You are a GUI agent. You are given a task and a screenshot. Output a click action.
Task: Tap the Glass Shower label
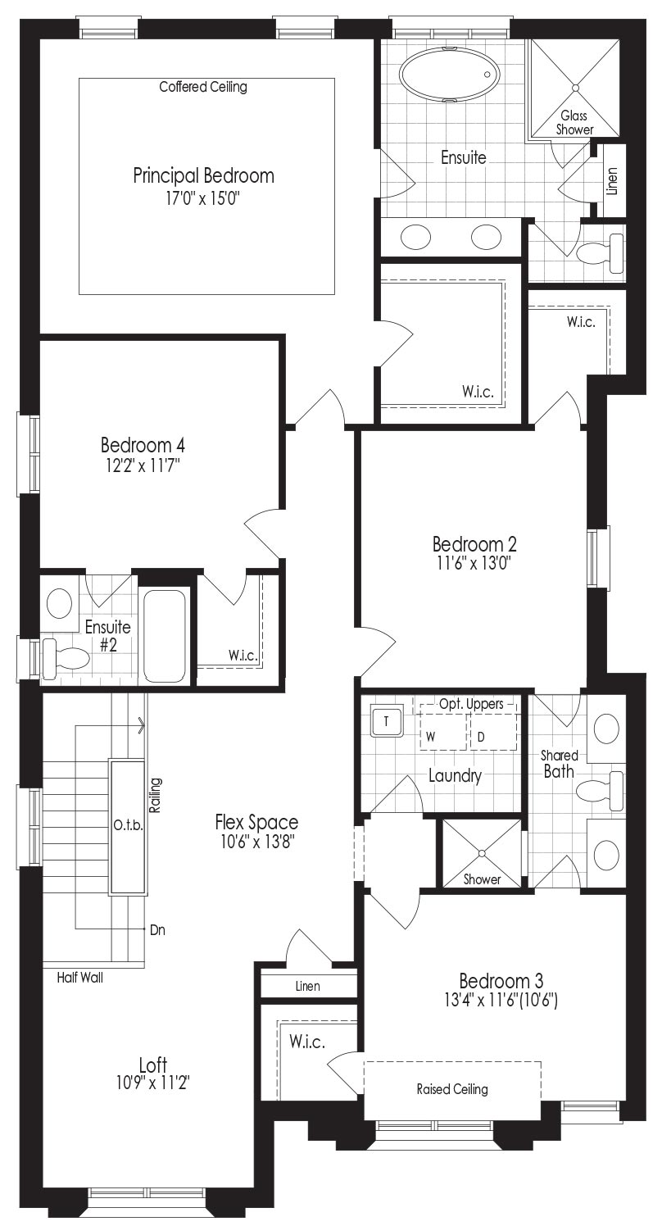pos(574,123)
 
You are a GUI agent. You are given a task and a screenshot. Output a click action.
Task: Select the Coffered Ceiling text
pos(203,87)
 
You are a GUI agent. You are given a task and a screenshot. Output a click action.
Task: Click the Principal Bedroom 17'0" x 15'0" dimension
pos(203,198)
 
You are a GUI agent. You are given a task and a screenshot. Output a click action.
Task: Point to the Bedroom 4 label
pos(143,444)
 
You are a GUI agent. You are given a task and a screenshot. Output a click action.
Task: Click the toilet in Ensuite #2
pos(65,657)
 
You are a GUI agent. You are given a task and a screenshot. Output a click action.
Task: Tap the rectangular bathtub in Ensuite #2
pos(164,636)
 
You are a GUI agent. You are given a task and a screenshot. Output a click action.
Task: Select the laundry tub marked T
pos(386,721)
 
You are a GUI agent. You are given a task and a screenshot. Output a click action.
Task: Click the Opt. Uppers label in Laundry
pos(471,704)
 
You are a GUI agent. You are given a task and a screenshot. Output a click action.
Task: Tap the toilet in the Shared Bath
pos(601,790)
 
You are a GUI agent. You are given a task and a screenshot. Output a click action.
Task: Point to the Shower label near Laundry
pos(482,879)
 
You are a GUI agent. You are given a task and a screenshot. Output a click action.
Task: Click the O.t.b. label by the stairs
pos(129,825)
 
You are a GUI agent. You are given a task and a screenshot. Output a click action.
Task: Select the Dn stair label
pos(157,929)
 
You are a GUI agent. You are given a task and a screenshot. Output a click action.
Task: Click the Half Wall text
pos(79,977)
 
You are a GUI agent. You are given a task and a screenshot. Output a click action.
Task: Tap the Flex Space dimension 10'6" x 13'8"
pos(257,841)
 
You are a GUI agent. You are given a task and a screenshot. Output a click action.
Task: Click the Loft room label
pos(153,1065)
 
